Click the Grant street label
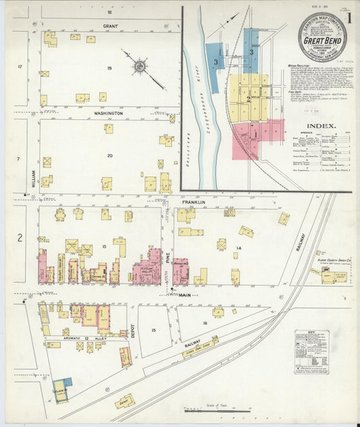click(x=110, y=26)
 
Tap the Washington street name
click(x=108, y=114)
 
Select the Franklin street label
click(x=192, y=201)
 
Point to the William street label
click(x=32, y=179)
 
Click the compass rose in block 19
click(x=139, y=66)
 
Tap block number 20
click(x=109, y=156)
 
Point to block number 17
click(x=20, y=66)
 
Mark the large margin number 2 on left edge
click(x=20, y=237)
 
